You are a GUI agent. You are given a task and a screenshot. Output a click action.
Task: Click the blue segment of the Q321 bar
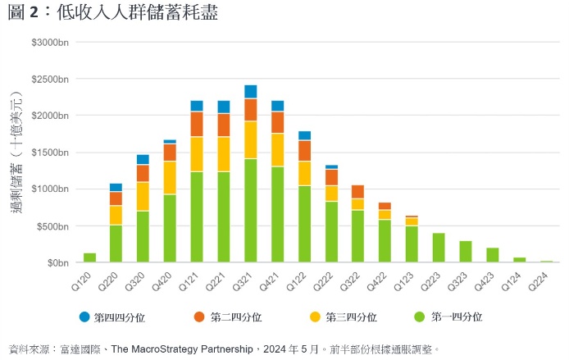[x=250, y=91]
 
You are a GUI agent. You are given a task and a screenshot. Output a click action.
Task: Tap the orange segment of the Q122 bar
[x=304, y=151]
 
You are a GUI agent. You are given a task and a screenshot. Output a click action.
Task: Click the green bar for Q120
[x=89, y=257]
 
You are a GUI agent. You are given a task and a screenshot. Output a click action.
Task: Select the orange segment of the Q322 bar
[x=357, y=192]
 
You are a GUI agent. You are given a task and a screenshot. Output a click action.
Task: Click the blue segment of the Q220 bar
[x=116, y=187]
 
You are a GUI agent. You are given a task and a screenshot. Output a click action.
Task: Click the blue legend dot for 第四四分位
[x=84, y=317]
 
